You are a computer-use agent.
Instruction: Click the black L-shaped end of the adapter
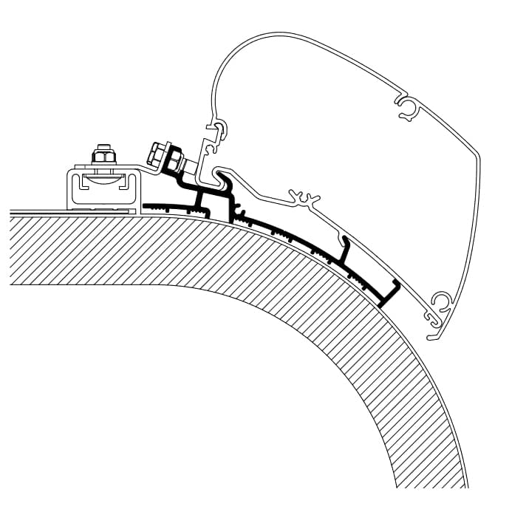(389, 294)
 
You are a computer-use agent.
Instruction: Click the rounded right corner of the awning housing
(473, 159)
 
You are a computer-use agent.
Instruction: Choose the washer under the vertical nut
(102, 164)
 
